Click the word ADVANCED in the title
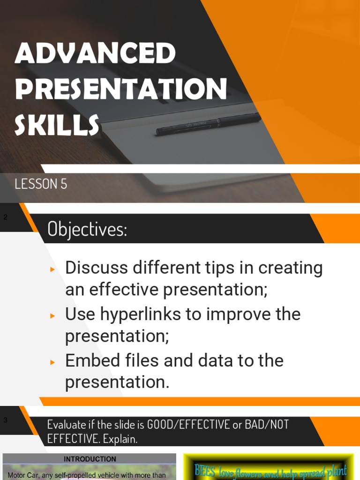pyautogui.click(x=95, y=53)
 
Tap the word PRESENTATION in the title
pyautogui.click(x=121, y=89)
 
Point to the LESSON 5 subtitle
pyautogui.click(x=41, y=184)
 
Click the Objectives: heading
pyautogui.click(x=87, y=229)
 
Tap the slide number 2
pyautogui.click(x=6, y=217)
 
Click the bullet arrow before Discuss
pyautogui.click(x=53, y=270)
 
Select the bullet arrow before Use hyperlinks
pyautogui.click(x=53, y=315)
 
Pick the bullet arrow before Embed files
pyautogui.click(x=53, y=362)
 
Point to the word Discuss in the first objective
pyautogui.click(x=96, y=268)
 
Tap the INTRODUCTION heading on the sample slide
pyautogui.click(x=90, y=459)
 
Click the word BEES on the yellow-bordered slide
pyautogui.click(x=204, y=471)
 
